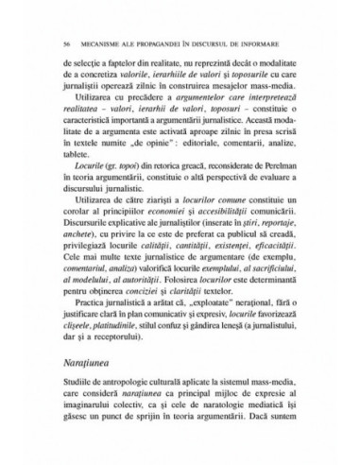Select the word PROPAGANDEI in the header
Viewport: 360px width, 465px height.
(x=157, y=43)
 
